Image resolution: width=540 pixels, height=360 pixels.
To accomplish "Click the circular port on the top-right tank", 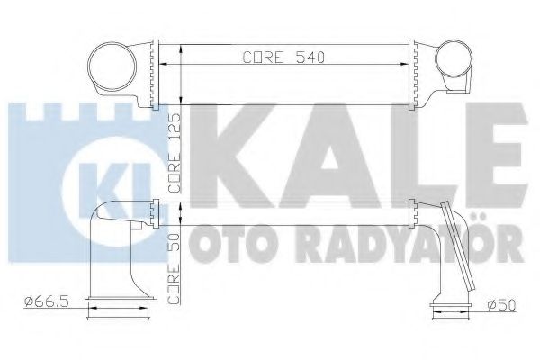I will click(450, 62).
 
